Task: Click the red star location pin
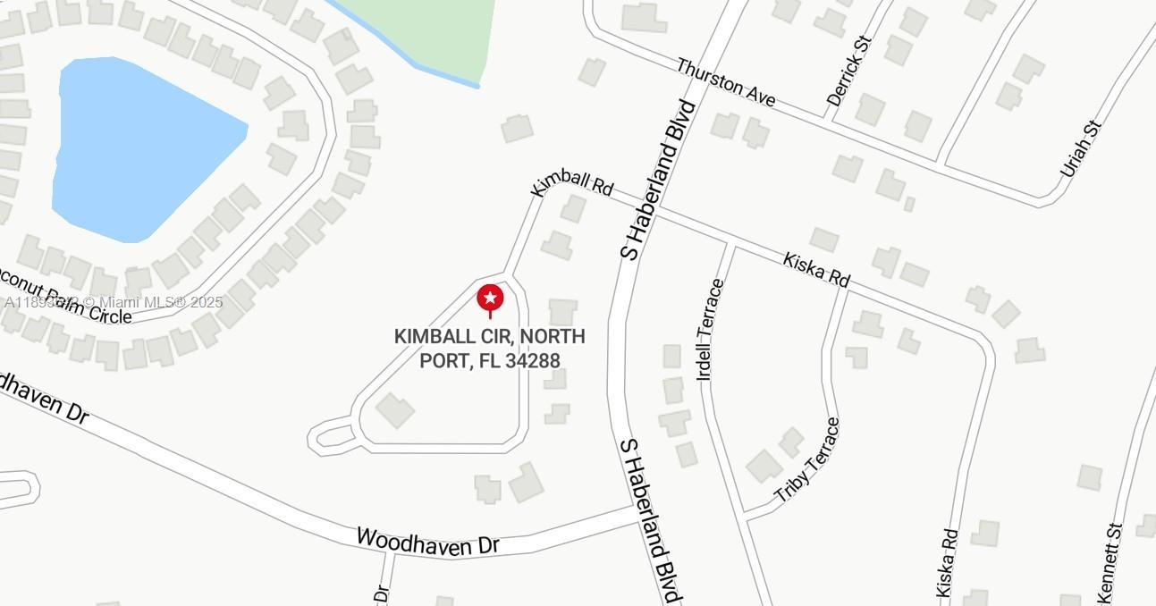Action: [x=490, y=299]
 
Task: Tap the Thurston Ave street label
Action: [x=725, y=83]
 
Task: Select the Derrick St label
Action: [x=849, y=71]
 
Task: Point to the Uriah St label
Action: [x=1080, y=148]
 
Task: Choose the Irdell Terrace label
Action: [x=710, y=329]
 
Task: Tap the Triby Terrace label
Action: [x=807, y=459]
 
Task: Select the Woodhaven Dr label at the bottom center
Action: [x=427, y=542]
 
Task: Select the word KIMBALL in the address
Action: [x=433, y=337]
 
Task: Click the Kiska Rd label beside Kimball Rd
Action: [x=816, y=269]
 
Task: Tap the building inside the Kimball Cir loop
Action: [x=394, y=410]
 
